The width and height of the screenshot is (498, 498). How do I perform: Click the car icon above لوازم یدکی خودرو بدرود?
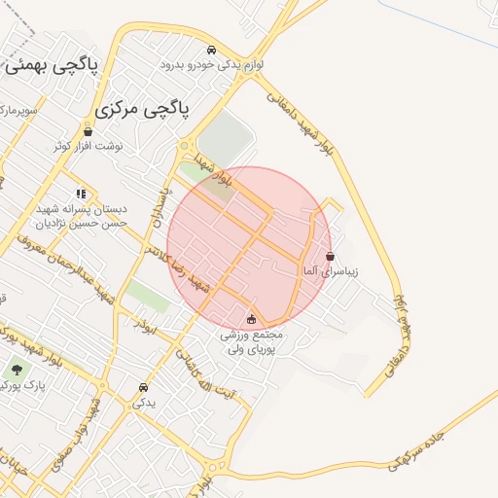click(211, 50)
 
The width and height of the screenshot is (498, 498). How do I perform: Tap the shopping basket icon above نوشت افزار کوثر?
click(89, 131)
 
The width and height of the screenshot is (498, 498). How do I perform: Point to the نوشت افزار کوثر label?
click(89, 146)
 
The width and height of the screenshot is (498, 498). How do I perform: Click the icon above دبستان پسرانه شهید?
click(81, 194)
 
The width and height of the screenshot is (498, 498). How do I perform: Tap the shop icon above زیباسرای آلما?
click(331, 257)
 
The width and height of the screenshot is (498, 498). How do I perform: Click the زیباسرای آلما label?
click(331, 271)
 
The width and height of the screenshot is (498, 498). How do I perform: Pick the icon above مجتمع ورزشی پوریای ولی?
click(252, 318)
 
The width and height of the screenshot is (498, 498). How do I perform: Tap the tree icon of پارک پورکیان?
click(17, 370)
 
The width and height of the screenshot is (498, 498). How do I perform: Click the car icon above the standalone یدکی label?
click(144, 385)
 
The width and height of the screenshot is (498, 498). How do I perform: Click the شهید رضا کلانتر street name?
click(178, 268)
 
